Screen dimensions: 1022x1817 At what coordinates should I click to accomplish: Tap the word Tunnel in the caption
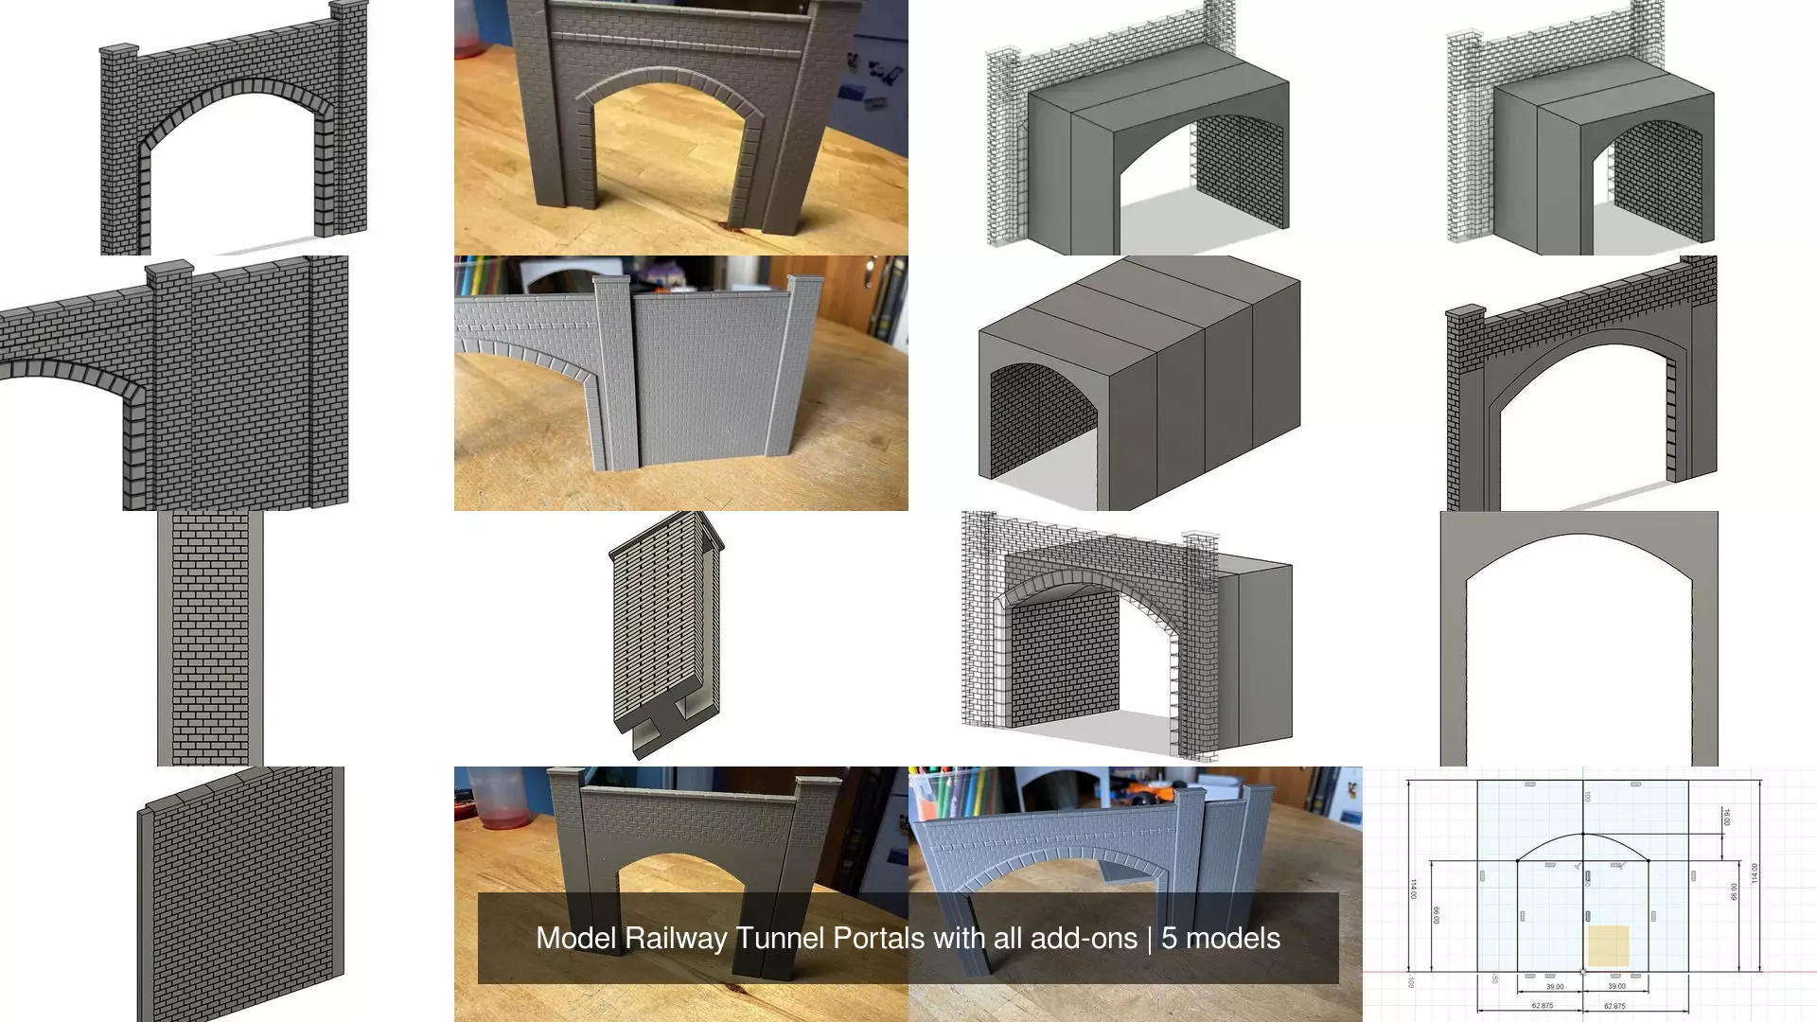(780, 938)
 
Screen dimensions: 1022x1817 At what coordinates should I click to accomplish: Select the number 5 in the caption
(1169, 938)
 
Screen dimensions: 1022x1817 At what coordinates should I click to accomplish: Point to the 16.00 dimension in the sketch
(1726, 817)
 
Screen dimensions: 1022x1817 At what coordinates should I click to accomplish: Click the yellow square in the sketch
(1608, 945)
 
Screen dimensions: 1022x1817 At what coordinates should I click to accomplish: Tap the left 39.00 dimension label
(1555, 987)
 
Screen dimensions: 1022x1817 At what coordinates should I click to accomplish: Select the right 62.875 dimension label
(1614, 1006)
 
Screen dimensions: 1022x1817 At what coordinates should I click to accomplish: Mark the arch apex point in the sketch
(1583, 834)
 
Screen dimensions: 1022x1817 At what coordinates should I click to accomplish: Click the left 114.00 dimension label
(1414, 890)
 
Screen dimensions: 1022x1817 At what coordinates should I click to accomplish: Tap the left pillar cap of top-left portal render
(118, 50)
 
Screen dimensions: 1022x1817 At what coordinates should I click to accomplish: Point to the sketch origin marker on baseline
(1583, 971)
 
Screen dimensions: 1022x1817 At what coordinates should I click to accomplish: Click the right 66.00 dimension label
(1734, 892)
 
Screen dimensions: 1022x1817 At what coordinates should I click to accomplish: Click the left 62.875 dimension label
(1542, 1006)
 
